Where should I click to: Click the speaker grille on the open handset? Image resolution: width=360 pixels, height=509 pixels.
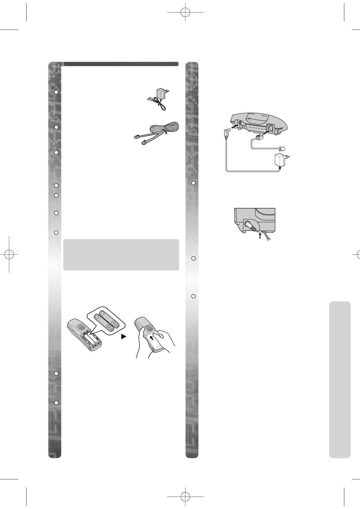pos(80,327)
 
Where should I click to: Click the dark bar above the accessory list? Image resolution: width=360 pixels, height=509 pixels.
pos(121,64)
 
